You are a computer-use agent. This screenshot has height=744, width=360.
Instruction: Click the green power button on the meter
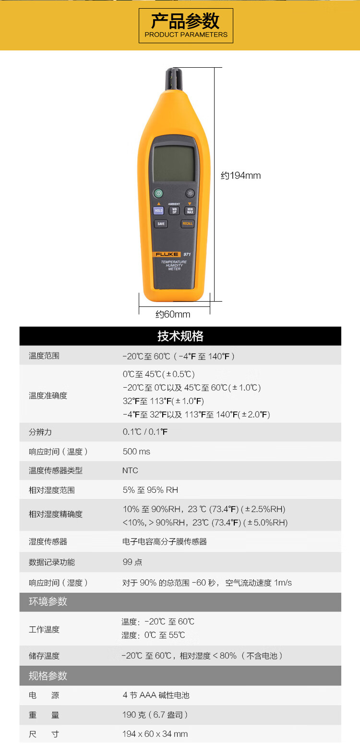[x=158, y=193]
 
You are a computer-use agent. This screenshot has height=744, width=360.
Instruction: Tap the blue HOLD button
[x=158, y=210]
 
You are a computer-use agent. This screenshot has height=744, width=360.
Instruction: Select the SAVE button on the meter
[x=161, y=223]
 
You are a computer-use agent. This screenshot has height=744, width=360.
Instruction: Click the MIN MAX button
[x=190, y=210]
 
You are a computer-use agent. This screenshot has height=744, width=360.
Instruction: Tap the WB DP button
[x=174, y=210]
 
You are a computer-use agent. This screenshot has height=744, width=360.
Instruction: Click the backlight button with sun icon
[x=190, y=193]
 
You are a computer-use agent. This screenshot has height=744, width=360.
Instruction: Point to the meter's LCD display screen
[x=174, y=163]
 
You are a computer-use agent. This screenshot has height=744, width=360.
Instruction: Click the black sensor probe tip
[x=174, y=79]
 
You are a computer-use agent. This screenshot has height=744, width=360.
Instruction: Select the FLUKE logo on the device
[x=167, y=255]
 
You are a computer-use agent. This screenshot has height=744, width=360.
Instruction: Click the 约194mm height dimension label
[x=241, y=175]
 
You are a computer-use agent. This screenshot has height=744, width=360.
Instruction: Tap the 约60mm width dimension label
[x=173, y=314]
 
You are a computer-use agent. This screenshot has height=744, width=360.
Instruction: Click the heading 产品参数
[x=185, y=21]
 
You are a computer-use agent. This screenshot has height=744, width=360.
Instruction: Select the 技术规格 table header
[x=180, y=336]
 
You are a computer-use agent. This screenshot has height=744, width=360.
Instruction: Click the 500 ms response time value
[x=136, y=451]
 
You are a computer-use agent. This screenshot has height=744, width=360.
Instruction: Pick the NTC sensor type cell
[x=130, y=470]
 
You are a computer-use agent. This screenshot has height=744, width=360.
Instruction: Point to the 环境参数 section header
[x=48, y=601]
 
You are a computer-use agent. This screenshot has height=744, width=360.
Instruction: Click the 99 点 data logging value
[x=132, y=562]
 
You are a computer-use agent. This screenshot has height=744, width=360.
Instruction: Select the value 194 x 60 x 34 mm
[x=155, y=734]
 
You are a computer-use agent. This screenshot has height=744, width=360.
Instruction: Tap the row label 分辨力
[x=40, y=432]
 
